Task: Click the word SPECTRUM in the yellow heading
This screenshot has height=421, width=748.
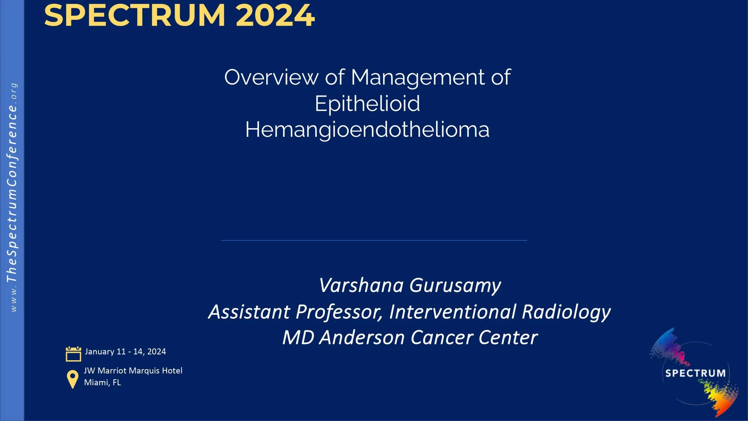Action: pyautogui.click(x=134, y=15)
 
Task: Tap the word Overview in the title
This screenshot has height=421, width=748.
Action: pyautogui.click(x=271, y=77)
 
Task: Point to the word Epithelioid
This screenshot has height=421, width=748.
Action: pyautogui.click(x=367, y=104)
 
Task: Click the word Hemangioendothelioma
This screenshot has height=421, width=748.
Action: pyautogui.click(x=367, y=130)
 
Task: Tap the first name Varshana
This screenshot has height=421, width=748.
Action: pyautogui.click(x=361, y=285)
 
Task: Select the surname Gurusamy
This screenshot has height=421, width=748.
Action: pyautogui.click(x=455, y=286)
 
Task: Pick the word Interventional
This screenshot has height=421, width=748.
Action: pyautogui.click(x=453, y=312)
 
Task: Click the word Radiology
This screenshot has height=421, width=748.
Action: pyautogui.click(x=566, y=312)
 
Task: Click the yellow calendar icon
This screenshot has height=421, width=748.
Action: pyautogui.click(x=73, y=354)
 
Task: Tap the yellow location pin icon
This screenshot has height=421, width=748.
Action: pyautogui.click(x=72, y=379)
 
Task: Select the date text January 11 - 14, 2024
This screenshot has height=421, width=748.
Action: pyautogui.click(x=125, y=351)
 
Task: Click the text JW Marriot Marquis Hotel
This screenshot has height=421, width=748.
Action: pyautogui.click(x=133, y=371)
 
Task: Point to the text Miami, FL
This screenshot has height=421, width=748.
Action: pyautogui.click(x=102, y=382)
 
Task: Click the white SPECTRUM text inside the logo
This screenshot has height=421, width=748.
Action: pyautogui.click(x=695, y=373)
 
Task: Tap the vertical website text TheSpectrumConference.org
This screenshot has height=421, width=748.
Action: pyautogui.click(x=12, y=197)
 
